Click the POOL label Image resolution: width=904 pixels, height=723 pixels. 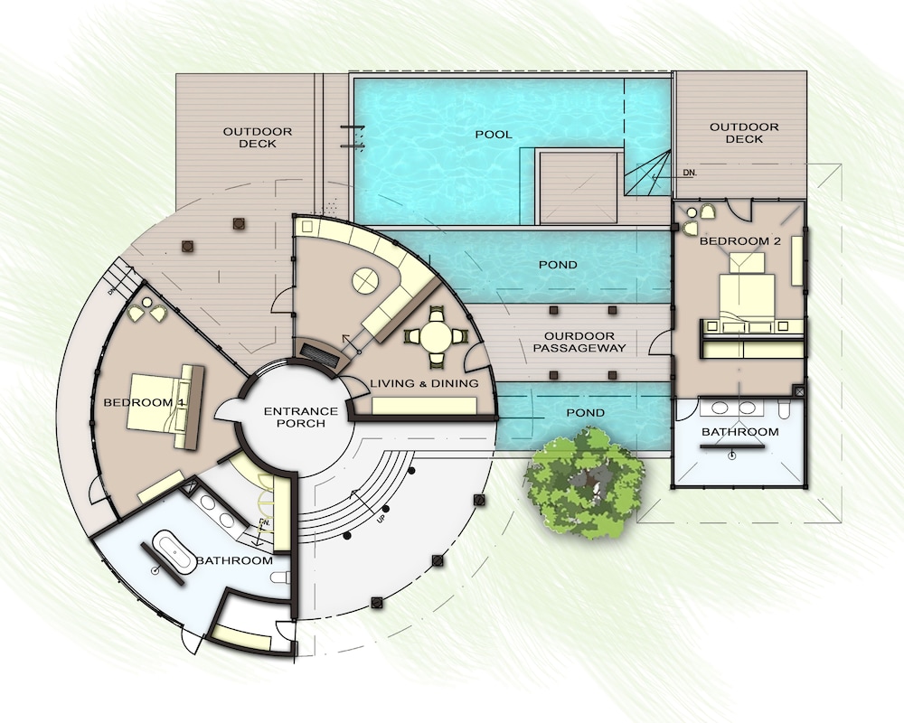pos(493,135)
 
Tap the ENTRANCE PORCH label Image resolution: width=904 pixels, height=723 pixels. pos(300,417)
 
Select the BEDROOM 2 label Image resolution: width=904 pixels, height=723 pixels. pos(739,241)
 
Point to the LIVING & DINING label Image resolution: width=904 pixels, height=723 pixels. pos(424,383)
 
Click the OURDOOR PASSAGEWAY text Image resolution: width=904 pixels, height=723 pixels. pos(579,342)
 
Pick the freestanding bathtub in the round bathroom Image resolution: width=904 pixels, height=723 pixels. pos(174,553)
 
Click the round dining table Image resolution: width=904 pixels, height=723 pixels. pos(437,338)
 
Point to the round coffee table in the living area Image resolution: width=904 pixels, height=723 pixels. pos(366,281)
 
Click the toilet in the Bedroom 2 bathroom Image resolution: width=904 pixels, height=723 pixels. pos(785,408)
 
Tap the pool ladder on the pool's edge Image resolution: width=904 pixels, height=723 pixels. pos(353,136)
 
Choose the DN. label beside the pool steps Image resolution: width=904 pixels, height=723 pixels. pos(690,173)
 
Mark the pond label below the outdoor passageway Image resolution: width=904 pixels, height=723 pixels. pos(585,413)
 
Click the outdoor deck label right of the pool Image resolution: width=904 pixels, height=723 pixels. pos(744,133)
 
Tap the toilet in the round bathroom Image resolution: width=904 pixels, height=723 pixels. pos(280,577)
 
